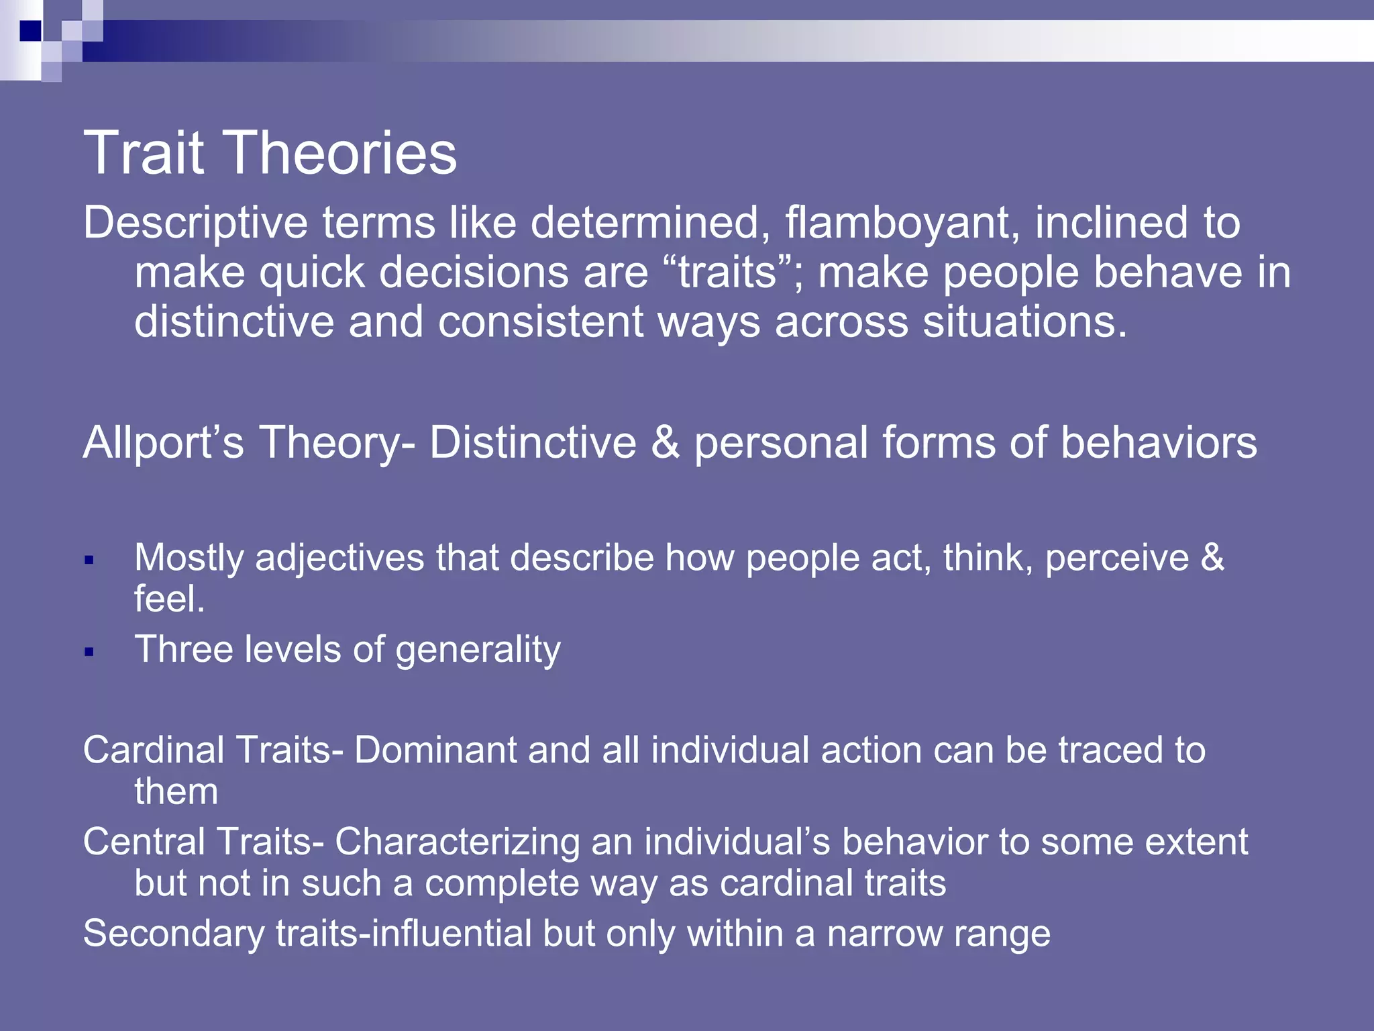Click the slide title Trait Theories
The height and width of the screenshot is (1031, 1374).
point(270,153)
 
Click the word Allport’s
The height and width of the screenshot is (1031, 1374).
point(163,443)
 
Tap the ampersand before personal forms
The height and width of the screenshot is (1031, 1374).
point(665,443)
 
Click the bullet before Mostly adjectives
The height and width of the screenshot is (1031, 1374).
point(89,560)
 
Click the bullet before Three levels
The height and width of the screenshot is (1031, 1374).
point(89,651)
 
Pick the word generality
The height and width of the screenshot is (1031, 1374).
point(478,650)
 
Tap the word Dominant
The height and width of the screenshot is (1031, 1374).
point(435,750)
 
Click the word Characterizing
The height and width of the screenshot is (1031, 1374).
point(457,842)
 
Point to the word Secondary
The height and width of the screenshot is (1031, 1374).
point(174,934)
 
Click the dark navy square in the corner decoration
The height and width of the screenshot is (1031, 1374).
point(30,31)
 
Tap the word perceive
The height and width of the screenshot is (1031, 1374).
point(1116,558)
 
